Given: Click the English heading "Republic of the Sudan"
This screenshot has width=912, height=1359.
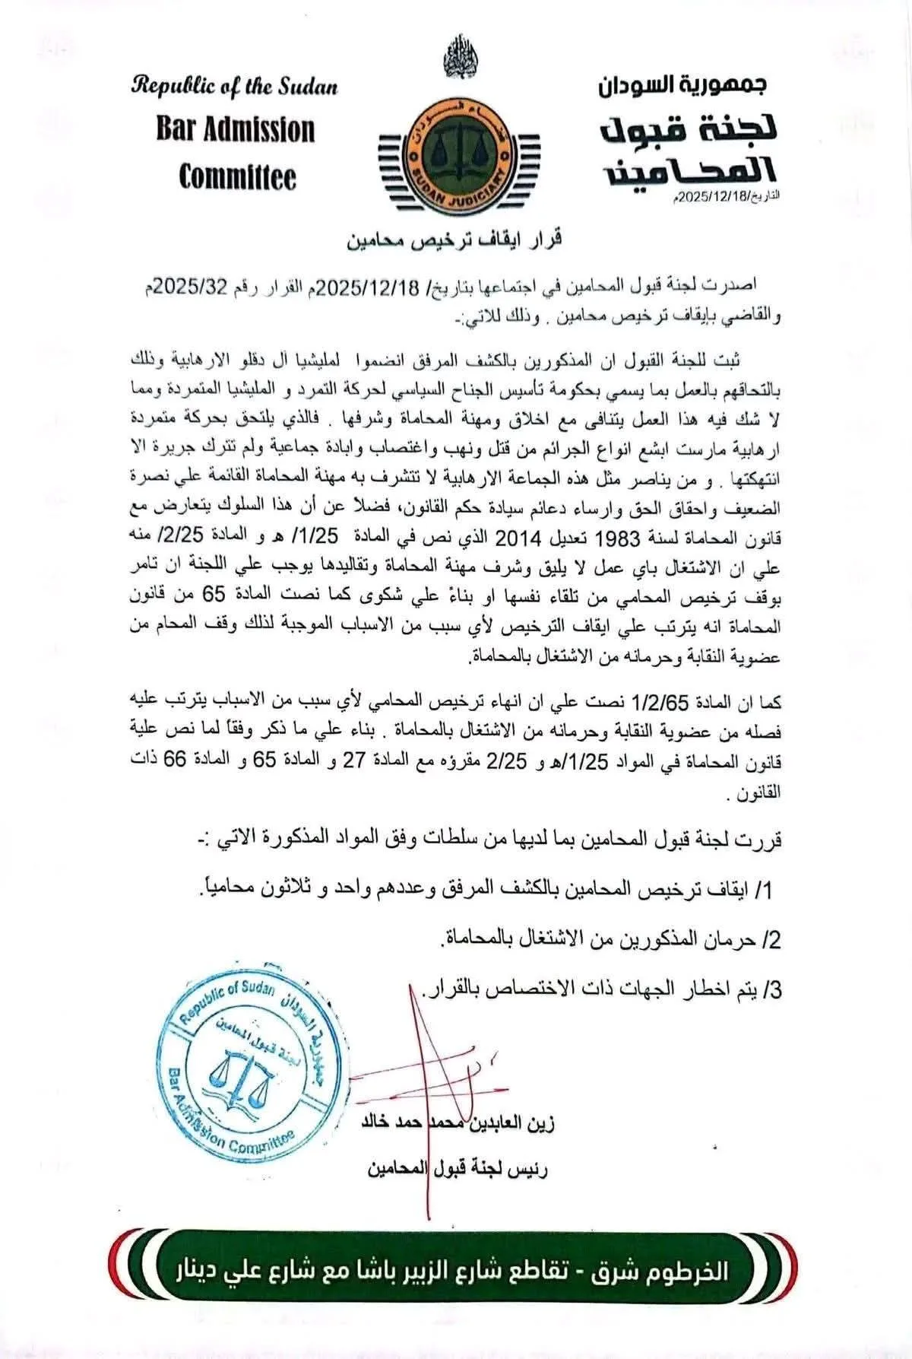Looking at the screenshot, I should click(x=235, y=85).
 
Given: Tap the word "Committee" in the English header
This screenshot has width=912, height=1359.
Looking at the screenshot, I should click(x=237, y=177).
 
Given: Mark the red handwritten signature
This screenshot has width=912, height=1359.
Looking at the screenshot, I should click(x=426, y=1065).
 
